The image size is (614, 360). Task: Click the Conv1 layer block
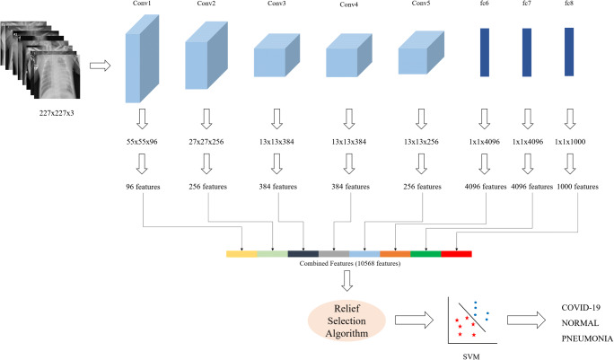pos(142,58)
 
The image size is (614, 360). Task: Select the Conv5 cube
pos(421,53)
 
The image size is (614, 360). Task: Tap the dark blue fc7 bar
pos(527,52)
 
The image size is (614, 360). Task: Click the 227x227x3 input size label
pos(57,113)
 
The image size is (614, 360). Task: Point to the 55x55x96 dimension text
pos(142,142)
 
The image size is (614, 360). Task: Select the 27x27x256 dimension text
pos(206,142)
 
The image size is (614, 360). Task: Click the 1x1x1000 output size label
pos(570,142)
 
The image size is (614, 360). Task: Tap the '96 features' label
pos(143,187)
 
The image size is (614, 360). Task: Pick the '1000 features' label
pos(577,187)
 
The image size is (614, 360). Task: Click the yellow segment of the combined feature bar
pos(241,254)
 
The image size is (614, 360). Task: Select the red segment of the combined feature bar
pos(456,254)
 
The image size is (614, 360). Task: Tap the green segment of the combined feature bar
pos(425,254)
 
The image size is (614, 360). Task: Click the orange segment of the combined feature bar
pos(395,254)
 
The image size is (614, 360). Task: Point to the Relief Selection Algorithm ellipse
pos(346,320)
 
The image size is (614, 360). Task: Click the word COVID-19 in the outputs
pos(581,308)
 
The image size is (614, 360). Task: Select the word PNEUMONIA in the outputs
pos(587,338)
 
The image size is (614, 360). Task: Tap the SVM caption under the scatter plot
pos(471,356)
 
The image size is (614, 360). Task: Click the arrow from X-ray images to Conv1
pos(101,66)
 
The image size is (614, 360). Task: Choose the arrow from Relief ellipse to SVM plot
pos(414,320)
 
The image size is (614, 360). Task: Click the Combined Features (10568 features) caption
pos(350,264)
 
